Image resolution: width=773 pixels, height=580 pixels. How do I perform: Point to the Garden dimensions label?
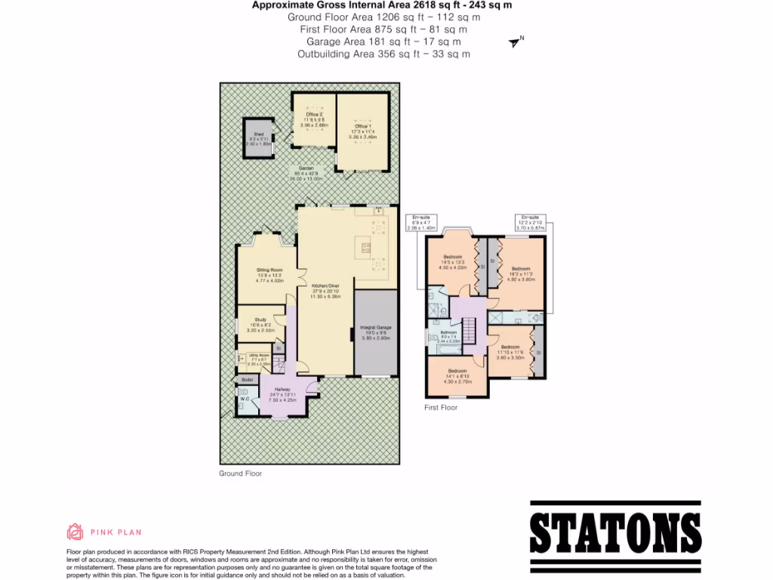click(x=306, y=174)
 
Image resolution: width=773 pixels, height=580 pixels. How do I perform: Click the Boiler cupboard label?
click(x=247, y=379)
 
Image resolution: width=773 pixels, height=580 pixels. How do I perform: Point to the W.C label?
click(x=245, y=400)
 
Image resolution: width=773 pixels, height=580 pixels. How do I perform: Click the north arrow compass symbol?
click(x=516, y=42)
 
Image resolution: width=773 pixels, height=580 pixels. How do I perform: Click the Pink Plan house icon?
click(x=75, y=532)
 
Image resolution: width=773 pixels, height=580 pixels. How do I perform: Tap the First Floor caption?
click(x=440, y=407)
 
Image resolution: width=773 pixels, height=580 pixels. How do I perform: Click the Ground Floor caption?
click(x=240, y=474)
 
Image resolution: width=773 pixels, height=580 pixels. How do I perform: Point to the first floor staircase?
click(x=468, y=329)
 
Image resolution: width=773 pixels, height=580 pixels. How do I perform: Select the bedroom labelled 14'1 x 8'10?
click(x=457, y=376)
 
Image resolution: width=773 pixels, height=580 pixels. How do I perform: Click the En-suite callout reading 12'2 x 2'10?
click(x=529, y=221)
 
